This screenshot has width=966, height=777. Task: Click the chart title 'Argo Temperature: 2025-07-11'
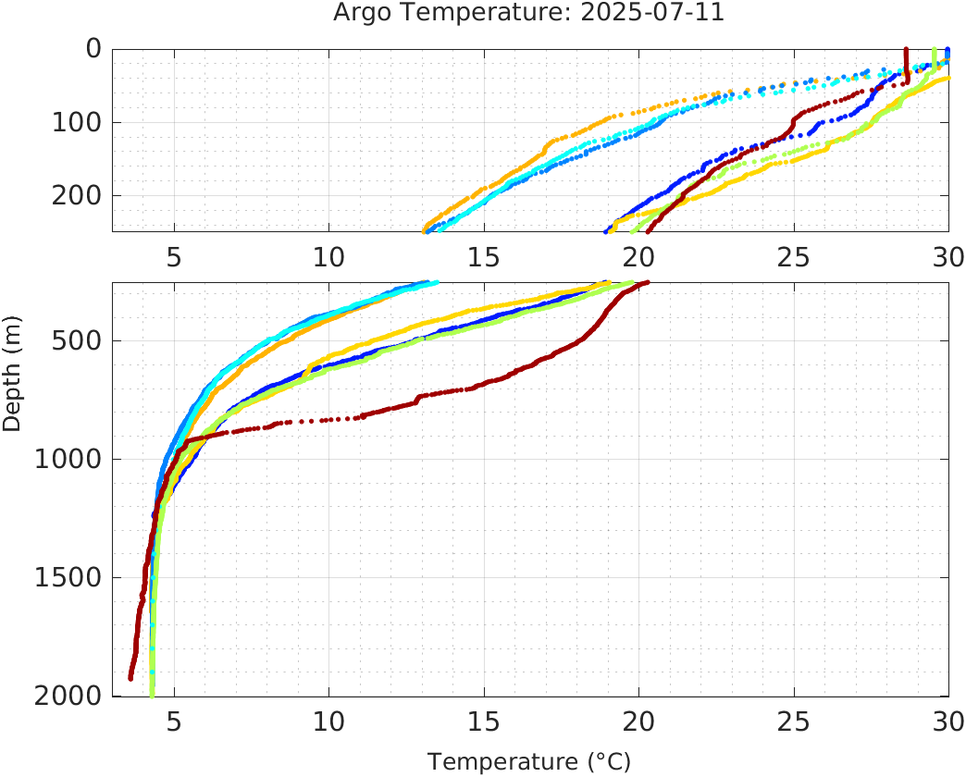point(529,14)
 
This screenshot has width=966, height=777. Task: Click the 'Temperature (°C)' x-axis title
point(529,762)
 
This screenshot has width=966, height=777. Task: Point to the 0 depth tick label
point(93,49)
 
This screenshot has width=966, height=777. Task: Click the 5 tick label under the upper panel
point(174,256)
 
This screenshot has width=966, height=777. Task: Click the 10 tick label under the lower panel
point(328,721)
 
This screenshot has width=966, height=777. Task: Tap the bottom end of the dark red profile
point(130,678)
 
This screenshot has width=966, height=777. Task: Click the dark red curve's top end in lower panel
point(647,283)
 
